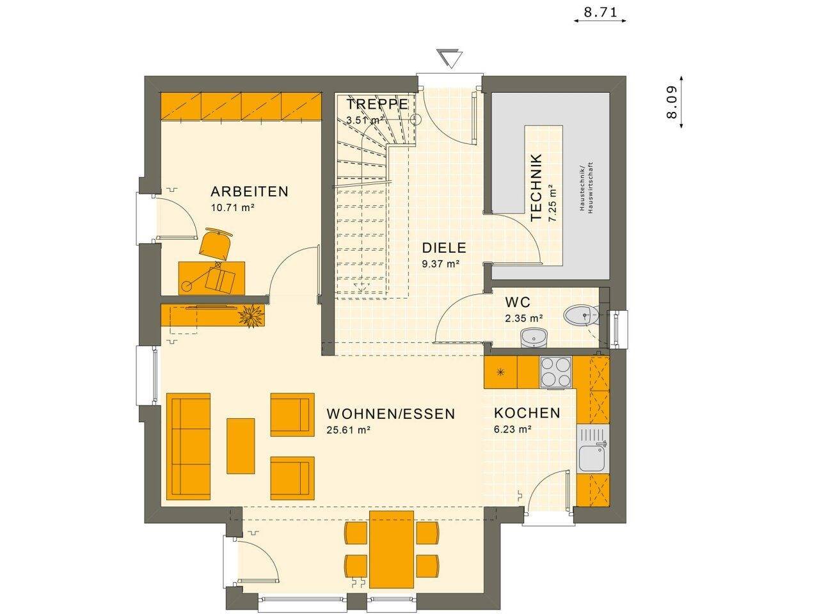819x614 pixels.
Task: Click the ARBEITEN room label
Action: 250,191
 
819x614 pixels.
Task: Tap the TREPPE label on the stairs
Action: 377,104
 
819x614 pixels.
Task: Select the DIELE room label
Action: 443,248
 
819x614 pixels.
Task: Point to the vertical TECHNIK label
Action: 537,187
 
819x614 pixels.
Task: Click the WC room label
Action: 518,302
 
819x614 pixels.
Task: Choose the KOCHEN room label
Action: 527,413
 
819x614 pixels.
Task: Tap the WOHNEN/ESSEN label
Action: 390,414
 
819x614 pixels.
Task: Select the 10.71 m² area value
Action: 233,207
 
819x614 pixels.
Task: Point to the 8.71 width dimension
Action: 600,11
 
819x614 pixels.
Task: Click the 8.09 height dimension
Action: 671,103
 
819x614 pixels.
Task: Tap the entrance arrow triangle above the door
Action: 451,58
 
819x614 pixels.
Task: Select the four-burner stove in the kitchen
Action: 555,372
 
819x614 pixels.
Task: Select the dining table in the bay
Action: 392,549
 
